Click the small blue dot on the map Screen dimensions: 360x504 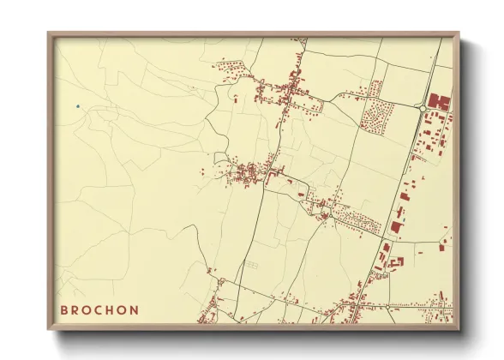(x=77, y=106)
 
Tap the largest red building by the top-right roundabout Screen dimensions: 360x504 (x=440, y=102)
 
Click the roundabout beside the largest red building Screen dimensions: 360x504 (x=425, y=107)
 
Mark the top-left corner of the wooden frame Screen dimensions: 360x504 (x=48, y=33)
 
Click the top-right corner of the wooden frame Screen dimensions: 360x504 (x=460, y=33)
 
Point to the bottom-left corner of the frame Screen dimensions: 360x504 (x=48, y=332)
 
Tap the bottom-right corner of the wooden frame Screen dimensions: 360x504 (x=460, y=332)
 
